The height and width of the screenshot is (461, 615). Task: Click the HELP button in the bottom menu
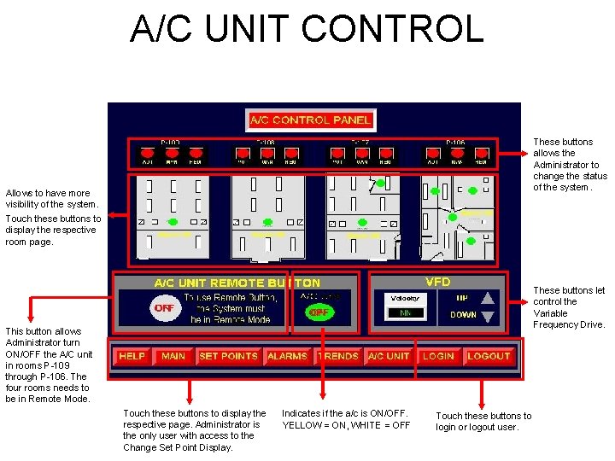coord(132,356)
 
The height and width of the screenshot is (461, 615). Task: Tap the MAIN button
coord(173,356)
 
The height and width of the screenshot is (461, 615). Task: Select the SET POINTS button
coord(228,356)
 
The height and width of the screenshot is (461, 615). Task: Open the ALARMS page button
coord(287,356)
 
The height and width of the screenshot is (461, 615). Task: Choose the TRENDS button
coord(340,356)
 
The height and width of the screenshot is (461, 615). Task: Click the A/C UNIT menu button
coord(388,356)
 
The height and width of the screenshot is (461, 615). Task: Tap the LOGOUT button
coord(489,356)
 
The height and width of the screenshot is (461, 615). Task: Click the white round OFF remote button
coord(163,308)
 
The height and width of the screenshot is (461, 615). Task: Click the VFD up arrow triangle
coord(488,298)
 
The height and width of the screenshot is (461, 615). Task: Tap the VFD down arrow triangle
coord(488,316)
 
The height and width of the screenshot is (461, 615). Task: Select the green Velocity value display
coord(405,313)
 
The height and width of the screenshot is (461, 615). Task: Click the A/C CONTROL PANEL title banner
coord(310,120)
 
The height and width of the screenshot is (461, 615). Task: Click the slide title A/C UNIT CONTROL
coord(307,28)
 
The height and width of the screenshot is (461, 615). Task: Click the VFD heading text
coord(437,282)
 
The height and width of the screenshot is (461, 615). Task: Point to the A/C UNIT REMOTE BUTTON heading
coord(237,283)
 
